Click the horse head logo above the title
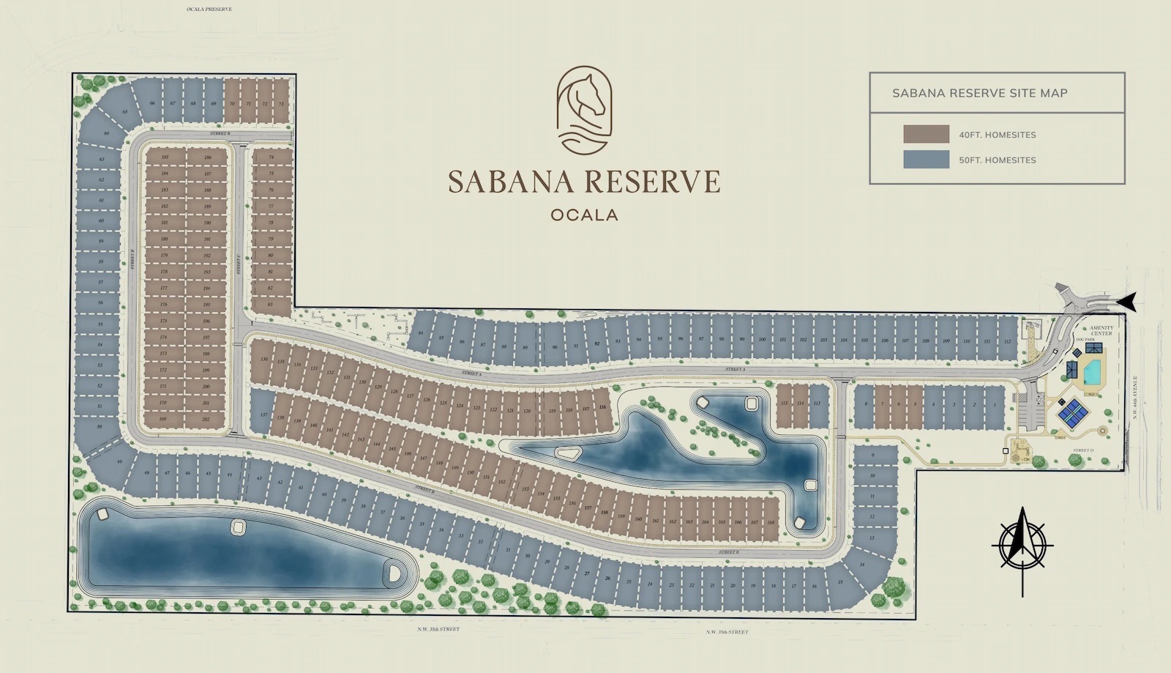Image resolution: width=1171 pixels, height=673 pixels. click(x=584, y=110)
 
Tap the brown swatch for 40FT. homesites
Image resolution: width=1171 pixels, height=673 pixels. click(x=926, y=134)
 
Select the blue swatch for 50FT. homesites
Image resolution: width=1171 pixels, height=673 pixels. click(x=926, y=160)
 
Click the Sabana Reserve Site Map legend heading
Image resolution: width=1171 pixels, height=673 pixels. click(x=979, y=93)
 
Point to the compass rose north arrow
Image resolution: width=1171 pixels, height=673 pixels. click(x=1022, y=546)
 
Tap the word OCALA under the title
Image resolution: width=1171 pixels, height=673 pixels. click(x=584, y=215)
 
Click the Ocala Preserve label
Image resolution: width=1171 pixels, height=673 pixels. click(x=209, y=10)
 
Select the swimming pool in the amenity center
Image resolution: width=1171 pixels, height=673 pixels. click(x=1092, y=373)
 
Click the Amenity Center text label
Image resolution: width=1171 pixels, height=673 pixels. click(x=1101, y=331)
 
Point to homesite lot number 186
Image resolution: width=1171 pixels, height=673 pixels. click(x=208, y=157)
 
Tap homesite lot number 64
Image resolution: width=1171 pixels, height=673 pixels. click(x=107, y=133)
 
